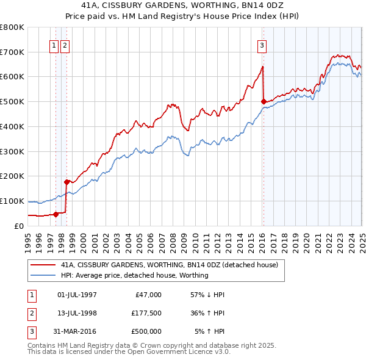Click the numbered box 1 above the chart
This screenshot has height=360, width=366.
pos(54,45)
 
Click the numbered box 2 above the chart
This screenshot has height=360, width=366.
pos(65,45)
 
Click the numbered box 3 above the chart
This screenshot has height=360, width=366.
pos(262,45)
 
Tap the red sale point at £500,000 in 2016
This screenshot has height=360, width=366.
pos(264,101)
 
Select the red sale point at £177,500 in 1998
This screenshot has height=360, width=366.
pos(66,181)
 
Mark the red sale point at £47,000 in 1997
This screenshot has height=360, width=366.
pos(56,214)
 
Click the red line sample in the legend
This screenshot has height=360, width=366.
pos(42,265)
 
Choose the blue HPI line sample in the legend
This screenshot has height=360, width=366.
pos(42,275)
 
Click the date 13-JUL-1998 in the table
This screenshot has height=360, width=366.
pos(77,313)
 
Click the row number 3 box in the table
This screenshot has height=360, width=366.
pos(31,331)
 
